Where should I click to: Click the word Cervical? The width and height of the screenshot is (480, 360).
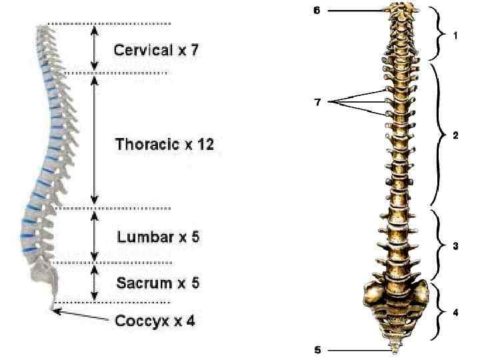143,50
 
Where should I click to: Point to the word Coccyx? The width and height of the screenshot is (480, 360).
141,321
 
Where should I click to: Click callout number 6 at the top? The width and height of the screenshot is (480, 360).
317,11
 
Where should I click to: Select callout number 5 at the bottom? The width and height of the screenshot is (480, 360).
318,350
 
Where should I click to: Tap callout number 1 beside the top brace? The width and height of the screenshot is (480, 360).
455,36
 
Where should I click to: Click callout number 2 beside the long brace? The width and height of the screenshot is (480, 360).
455,135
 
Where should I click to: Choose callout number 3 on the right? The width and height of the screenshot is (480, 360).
455,246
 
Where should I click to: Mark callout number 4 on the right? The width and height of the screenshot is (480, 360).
455,312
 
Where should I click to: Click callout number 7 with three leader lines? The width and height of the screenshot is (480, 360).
318,101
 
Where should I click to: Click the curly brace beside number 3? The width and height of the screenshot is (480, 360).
439,245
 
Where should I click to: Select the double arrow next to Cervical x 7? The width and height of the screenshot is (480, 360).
95,48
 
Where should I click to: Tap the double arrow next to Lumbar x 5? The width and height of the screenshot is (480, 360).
95,235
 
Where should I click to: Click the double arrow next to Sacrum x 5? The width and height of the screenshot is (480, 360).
95,283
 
